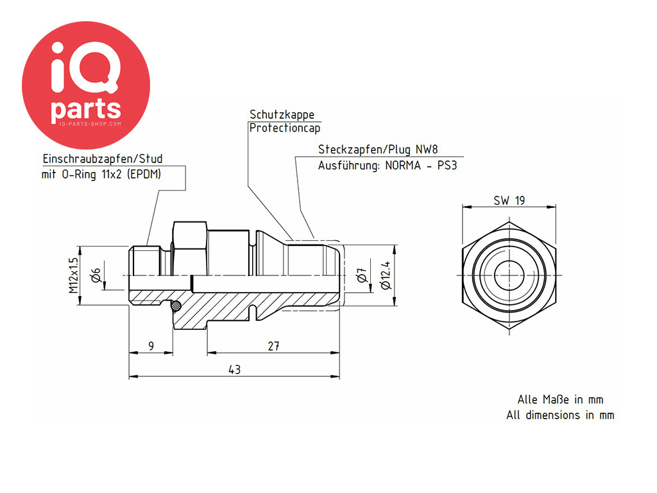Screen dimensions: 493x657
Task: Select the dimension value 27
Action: (273, 346)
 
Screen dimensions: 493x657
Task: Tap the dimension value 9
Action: (151, 346)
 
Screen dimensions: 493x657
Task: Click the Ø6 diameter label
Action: (95, 275)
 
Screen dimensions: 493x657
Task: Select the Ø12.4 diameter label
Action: (385, 275)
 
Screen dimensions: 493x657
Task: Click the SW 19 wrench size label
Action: (509, 200)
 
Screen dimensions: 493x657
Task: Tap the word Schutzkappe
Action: (282, 114)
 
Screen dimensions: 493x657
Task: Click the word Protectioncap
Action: (285, 127)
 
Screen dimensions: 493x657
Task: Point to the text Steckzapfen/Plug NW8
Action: (379, 150)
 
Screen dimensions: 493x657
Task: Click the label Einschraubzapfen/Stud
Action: (103, 159)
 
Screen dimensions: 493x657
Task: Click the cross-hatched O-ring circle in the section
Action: (175, 307)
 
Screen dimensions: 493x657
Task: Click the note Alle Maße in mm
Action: (560, 399)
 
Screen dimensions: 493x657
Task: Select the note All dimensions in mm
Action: (560, 415)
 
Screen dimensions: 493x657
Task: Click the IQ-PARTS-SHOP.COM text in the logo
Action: (86, 122)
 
